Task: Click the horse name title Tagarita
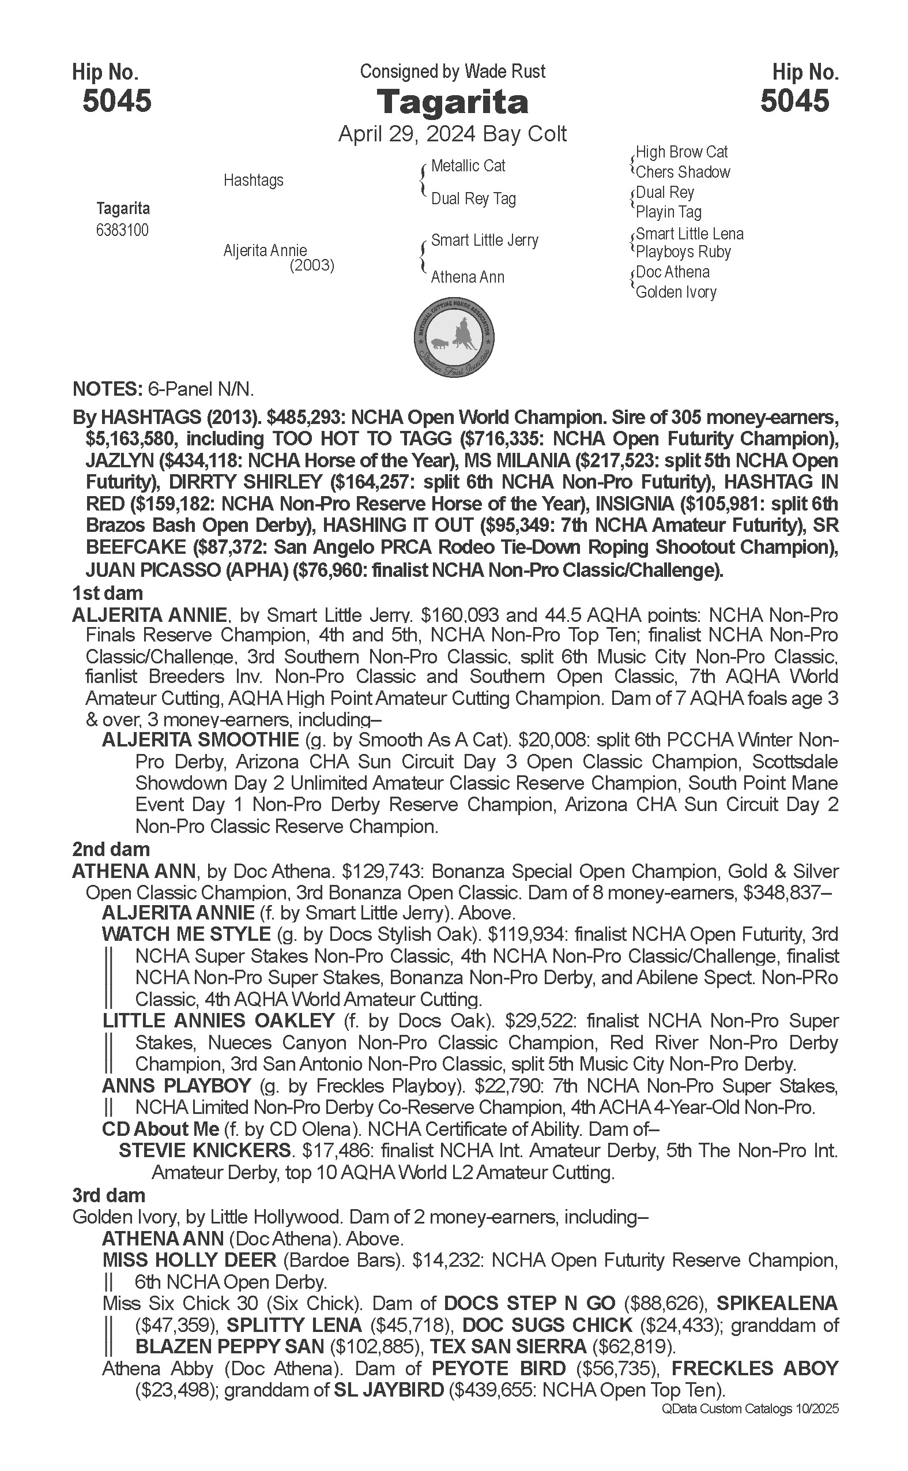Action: click(x=452, y=102)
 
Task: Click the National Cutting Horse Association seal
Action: click(x=454, y=336)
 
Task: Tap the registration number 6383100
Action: click(x=122, y=230)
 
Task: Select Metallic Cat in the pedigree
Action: click(x=468, y=166)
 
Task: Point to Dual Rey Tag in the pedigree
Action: click(x=473, y=199)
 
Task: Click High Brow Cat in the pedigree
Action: click(x=681, y=152)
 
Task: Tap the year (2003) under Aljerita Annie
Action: click(x=312, y=265)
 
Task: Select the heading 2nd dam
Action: click(x=111, y=849)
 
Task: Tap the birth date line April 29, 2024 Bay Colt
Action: click(x=452, y=133)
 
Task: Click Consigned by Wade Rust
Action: click(x=452, y=72)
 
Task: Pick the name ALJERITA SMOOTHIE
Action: click(x=200, y=740)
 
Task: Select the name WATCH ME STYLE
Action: click(x=186, y=935)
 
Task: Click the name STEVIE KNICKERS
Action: click(x=205, y=1151)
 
